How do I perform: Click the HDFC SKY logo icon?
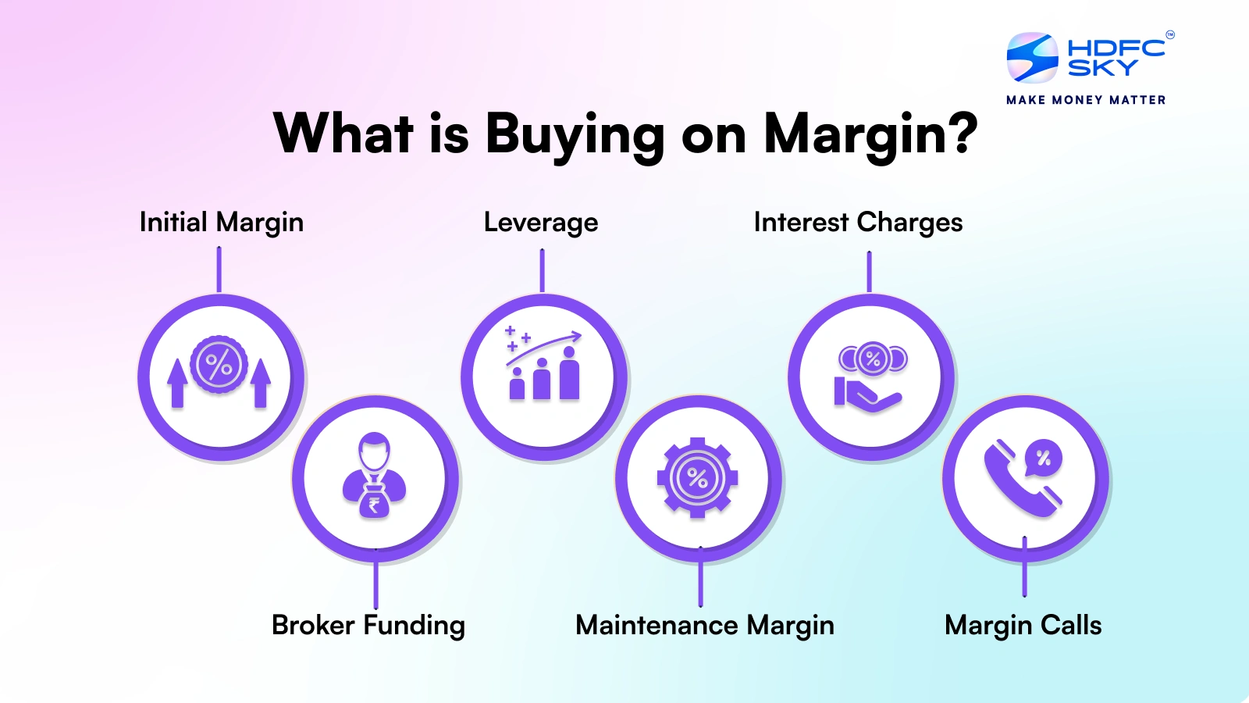click(1032, 57)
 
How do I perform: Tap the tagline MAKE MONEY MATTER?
click(1086, 100)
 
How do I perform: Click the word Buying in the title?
click(575, 134)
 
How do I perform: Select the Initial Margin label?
click(221, 223)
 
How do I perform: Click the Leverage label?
click(541, 223)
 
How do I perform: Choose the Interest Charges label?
click(858, 223)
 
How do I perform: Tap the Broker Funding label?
click(368, 626)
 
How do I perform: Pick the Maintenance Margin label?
click(705, 626)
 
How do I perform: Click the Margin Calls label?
click(1023, 626)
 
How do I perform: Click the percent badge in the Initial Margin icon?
click(219, 364)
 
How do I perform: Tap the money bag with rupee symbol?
click(374, 502)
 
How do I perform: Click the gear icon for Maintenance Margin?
click(698, 478)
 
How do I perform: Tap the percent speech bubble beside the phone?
click(1044, 459)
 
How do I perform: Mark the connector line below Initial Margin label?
click(219, 269)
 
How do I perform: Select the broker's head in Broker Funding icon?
click(374, 451)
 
